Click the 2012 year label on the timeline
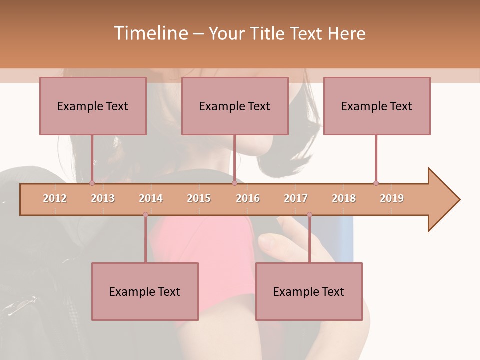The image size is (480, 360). click(55, 198)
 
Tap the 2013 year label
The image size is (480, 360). click(103, 198)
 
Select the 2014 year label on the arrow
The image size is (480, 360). click(151, 198)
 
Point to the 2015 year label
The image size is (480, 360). click(199, 198)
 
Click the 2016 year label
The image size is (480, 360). click(248, 198)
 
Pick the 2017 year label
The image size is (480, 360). click(296, 198)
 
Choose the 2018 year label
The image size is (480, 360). click(344, 198)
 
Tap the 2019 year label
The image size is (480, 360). click(392, 198)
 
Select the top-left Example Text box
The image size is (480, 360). click(93, 106)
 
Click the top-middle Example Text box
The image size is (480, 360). click(235, 106)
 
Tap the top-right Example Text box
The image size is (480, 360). click(377, 106)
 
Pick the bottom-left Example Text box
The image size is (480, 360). click(145, 291)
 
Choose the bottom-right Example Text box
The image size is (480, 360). click(309, 291)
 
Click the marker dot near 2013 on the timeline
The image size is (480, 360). click(92, 183)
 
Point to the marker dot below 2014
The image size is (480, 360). click(145, 214)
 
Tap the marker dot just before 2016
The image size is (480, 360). click(234, 183)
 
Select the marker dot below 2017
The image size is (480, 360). click(309, 214)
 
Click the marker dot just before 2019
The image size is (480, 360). click(376, 183)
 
